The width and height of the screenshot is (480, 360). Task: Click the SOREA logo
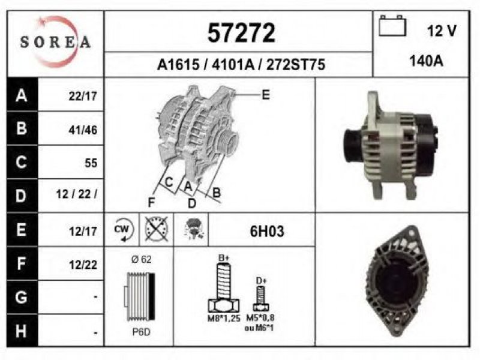click(x=55, y=41)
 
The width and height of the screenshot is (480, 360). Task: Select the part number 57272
click(x=241, y=33)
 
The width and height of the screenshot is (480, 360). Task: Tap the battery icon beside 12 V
click(x=392, y=26)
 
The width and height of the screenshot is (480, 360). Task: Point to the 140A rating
click(x=427, y=61)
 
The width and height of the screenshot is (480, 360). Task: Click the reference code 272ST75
click(x=295, y=65)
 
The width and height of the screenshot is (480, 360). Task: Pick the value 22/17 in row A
click(x=83, y=96)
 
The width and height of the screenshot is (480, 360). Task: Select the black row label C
click(x=22, y=162)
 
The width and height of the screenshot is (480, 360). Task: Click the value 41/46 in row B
click(x=83, y=130)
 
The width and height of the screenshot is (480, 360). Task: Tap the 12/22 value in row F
click(x=83, y=265)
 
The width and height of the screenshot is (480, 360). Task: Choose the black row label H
click(x=22, y=331)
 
